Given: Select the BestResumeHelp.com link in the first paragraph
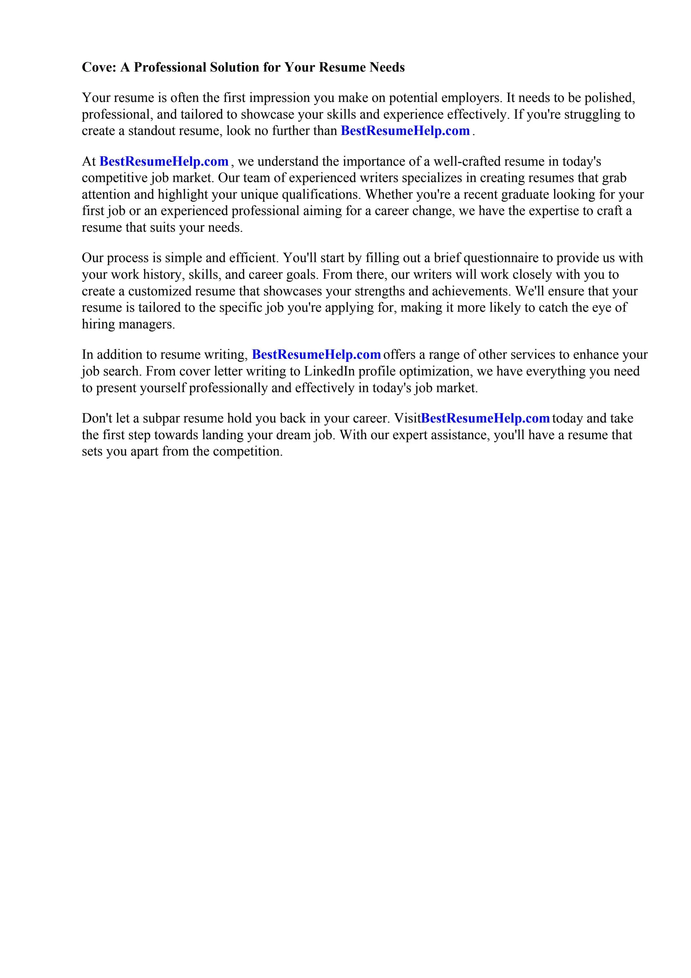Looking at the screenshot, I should click(405, 131).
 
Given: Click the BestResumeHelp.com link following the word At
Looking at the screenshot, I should click(164, 161).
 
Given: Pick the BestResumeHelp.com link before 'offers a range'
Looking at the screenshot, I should click(316, 355).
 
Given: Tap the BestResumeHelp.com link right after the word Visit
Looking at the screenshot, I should click(485, 418).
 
